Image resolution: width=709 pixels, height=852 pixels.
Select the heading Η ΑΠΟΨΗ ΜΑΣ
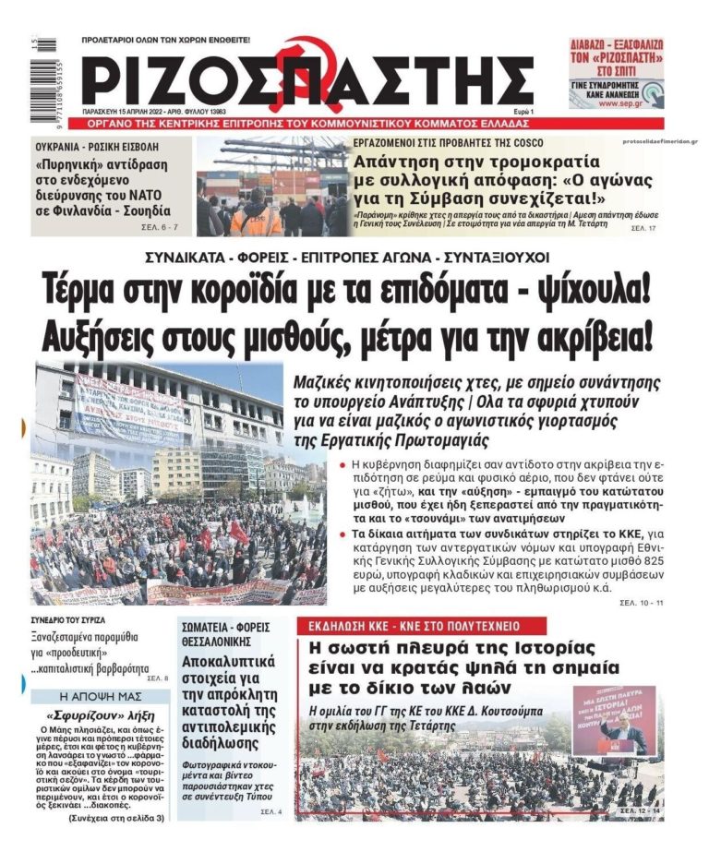coord(100,697)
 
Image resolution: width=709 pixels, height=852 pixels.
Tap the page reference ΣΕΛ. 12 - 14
coord(640,810)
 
